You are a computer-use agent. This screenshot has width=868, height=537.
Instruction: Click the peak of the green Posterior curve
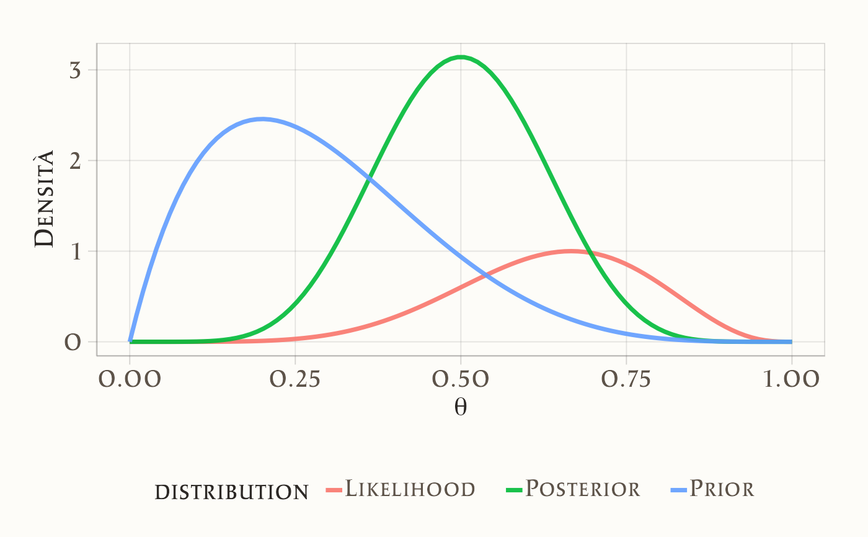click(461, 57)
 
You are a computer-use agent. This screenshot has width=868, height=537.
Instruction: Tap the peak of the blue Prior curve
click(262, 119)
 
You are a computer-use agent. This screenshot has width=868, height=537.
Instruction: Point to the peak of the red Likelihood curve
click(571, 251)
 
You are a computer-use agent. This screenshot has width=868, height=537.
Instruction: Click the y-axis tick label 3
click(75, 70)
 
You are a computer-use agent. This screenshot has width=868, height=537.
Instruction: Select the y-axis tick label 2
click(75, 161)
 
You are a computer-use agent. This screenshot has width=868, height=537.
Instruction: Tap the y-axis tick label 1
click(76, 251)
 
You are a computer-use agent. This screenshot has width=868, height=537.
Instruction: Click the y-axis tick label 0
click(73, 342)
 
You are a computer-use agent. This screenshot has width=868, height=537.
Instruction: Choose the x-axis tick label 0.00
click(130, 379)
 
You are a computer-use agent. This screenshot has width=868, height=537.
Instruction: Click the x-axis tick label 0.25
click(295, 379)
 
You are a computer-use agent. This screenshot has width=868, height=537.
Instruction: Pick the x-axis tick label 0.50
click(461, 379)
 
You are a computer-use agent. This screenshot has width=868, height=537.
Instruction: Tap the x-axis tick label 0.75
click(626, 379)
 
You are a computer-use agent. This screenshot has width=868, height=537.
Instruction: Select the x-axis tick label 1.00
click(792, 379)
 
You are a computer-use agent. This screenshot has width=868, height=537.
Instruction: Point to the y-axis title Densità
click(45, 199)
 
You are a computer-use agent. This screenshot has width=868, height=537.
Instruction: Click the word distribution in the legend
click(231, 492)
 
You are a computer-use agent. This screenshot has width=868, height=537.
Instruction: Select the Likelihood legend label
click(410, 489)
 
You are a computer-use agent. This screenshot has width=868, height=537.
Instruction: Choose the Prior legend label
click(722, 489)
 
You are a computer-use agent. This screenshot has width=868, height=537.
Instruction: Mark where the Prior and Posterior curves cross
click(370, 178)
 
